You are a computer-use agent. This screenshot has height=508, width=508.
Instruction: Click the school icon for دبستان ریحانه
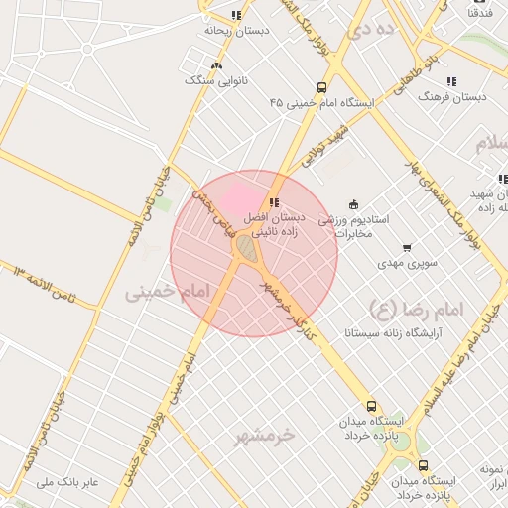[x=236, y=15]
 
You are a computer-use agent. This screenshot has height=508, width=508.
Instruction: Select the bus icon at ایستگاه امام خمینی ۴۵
[x=321, y=87]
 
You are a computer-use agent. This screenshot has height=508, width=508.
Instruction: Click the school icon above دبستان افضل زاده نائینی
[x=274, y=202]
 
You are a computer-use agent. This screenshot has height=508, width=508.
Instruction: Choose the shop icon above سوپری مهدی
[x=406, y=248]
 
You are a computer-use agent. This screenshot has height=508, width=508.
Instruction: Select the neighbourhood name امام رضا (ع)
[x=416, y=308]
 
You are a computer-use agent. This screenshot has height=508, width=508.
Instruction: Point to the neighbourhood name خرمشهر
[x=265, y=435]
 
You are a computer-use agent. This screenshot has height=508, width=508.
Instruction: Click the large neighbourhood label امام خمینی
[x=169, y=292]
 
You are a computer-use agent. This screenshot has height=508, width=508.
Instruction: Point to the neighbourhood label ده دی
[x=372, y=29]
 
